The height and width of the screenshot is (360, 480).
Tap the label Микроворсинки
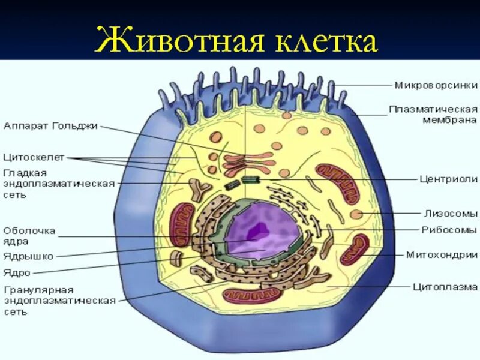click(436, 85)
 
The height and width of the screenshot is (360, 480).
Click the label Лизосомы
click(451, 212)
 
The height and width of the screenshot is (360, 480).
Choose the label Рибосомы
click(449, 230)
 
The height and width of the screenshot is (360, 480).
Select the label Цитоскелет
click(34, 158)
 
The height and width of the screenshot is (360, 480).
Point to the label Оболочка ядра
click(29, 236)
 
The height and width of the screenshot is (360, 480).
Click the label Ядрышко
click(28, 256)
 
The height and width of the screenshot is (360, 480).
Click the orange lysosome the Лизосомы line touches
click(356, 214)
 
